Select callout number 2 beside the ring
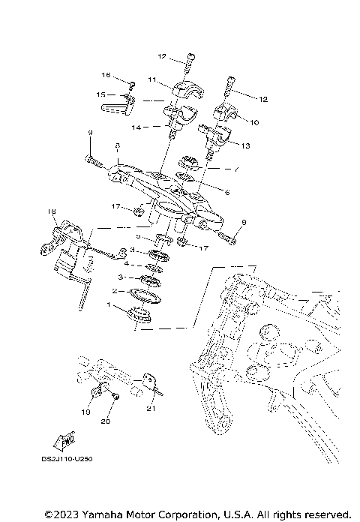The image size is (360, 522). (x=114, y=290)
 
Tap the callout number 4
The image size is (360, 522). (x=126, y=264)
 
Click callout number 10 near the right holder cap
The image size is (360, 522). (x=254, y=121)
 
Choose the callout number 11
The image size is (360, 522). (x=151, y=79)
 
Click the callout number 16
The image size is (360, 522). (x=106, y=76)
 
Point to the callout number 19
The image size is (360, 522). (x=86, y=412)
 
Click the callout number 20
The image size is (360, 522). (x=106, y=421)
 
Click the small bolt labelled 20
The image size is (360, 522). (x=115, y=394)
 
